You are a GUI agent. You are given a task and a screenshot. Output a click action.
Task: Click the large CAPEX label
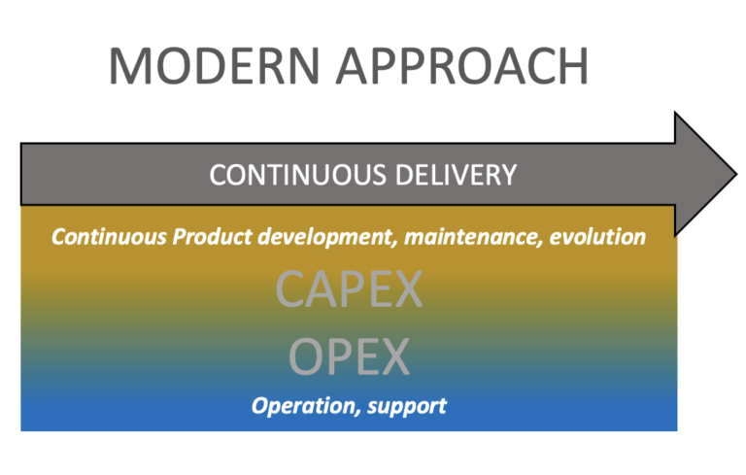(350, 288)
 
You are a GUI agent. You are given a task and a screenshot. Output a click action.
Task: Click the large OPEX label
(350, 357)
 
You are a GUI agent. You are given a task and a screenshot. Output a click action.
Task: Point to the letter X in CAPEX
(406, 288)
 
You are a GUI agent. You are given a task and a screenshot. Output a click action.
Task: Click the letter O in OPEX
(307, 357)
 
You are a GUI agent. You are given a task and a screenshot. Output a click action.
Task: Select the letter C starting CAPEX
(292, 288)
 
